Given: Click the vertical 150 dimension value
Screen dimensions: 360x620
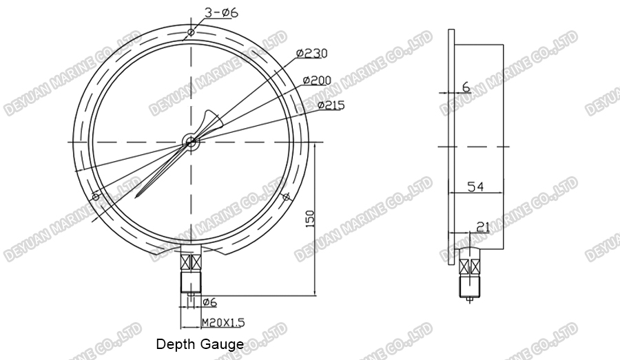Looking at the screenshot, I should (x=310, y=218).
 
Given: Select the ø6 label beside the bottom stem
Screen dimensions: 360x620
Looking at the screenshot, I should (x=210, y=302).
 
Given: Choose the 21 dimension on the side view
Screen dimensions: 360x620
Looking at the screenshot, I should (x=483, y=226).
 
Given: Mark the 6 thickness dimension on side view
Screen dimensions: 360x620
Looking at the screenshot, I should (x=466, y=87).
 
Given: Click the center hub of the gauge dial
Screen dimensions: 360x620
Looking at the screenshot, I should (x=190, y=142).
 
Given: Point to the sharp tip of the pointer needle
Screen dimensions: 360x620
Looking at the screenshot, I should (x=138, y=198).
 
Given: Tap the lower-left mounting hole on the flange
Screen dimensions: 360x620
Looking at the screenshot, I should (x=95, y=198).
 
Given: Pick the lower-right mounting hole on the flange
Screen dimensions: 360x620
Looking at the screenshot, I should (x=285, y=198).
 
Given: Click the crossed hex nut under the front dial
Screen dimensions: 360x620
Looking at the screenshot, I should (x=190, y=262).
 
